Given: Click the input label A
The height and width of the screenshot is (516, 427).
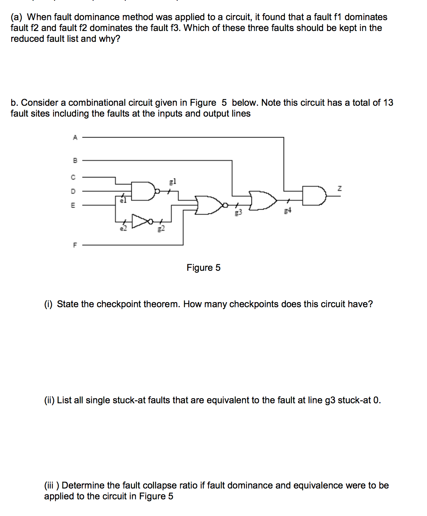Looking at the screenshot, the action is (75, 137).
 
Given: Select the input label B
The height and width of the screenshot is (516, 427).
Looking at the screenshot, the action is (75, 160).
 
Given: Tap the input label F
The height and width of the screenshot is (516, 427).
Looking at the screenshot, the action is (75, 245).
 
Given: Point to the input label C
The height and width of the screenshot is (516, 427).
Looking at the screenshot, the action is (73, 177).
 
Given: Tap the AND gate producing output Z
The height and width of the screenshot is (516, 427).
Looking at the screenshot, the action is (313, 195).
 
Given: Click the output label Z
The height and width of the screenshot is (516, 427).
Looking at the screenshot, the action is (339, 189).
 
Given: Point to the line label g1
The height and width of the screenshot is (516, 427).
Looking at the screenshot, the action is (173, 181).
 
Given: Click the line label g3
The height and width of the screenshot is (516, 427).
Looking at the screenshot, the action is (238, 212).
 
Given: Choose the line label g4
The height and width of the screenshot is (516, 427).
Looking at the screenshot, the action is (287, 210).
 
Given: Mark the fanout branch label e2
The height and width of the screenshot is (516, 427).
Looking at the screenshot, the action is (123, 229).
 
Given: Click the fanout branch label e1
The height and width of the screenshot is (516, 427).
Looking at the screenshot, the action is (123, 200).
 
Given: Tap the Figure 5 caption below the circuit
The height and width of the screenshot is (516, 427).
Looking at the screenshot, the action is (203, 268).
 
